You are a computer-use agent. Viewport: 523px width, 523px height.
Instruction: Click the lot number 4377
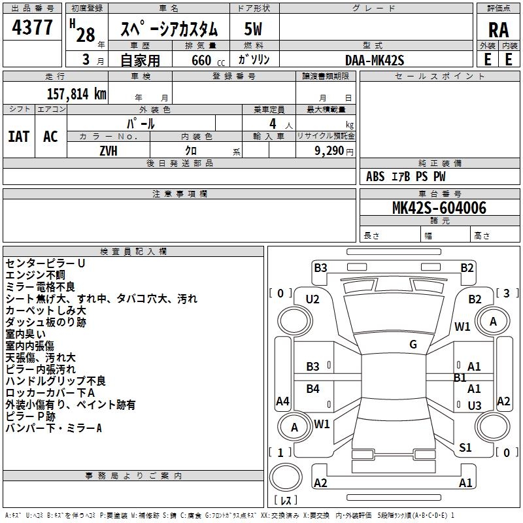33,28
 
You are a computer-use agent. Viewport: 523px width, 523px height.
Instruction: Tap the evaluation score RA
498,29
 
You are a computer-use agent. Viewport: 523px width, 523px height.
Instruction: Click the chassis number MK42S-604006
439,208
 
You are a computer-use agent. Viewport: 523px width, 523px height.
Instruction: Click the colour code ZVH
109,150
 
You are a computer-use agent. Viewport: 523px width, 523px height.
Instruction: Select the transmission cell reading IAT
18,136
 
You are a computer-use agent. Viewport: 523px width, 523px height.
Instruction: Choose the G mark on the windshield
413,345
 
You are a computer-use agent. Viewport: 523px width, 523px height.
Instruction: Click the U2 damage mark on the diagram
312,299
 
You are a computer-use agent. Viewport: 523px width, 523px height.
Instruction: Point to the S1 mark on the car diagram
465,448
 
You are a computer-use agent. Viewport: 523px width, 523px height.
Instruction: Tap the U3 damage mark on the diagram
475,406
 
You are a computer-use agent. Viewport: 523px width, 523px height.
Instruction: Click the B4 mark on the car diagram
313,390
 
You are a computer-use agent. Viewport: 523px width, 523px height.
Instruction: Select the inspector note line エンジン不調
35,275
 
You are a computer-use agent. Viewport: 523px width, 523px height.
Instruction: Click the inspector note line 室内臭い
26,334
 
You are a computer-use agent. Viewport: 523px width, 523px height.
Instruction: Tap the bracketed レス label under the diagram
286,501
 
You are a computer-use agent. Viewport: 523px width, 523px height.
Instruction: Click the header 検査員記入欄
133,252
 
